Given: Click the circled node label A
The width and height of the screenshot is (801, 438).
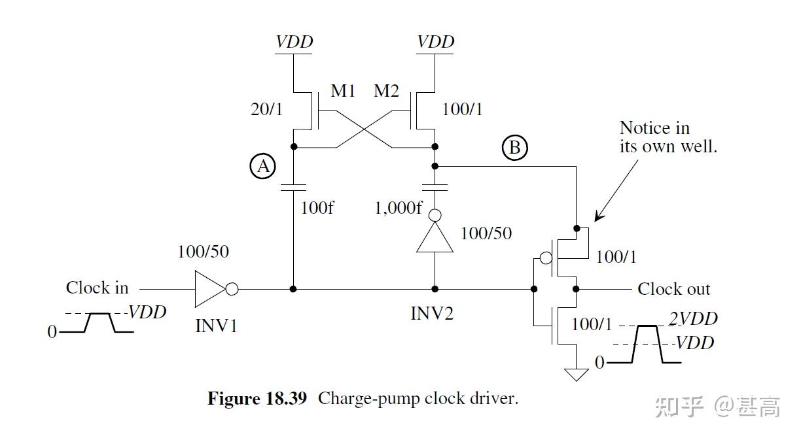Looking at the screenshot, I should (x=264, y=167).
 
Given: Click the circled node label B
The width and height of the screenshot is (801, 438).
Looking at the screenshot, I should (x=515, y=148).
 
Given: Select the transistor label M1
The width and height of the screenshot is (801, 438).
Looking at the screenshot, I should (x=343, y=91).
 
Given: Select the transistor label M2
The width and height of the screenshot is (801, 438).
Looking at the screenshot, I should (x=386, y=91).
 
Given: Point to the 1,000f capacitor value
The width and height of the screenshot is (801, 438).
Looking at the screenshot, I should (x=399, y=209).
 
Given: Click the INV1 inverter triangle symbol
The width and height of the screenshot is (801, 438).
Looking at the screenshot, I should (x=210, y=288).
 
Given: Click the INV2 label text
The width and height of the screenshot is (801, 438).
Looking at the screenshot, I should (x=432, y=313).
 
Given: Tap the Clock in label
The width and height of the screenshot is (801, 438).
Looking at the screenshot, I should (x=97, y=288).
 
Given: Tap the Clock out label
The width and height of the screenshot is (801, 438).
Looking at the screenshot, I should (x=673, y=289).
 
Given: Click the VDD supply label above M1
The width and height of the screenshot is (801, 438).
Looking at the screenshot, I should (x=294, y=42).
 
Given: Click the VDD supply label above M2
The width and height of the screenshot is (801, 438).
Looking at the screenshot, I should (x=436, y=42).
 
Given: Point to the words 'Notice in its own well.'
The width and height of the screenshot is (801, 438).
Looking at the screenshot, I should (x=667, y=137).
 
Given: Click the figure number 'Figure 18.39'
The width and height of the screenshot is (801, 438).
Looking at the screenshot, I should (x=257, y=399).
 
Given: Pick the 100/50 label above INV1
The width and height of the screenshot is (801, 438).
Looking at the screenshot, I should (x=203, y=252).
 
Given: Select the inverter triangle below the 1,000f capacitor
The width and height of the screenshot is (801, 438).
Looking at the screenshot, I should (x=435, y=239).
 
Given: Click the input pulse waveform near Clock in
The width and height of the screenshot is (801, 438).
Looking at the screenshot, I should (x=98, y=323).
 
